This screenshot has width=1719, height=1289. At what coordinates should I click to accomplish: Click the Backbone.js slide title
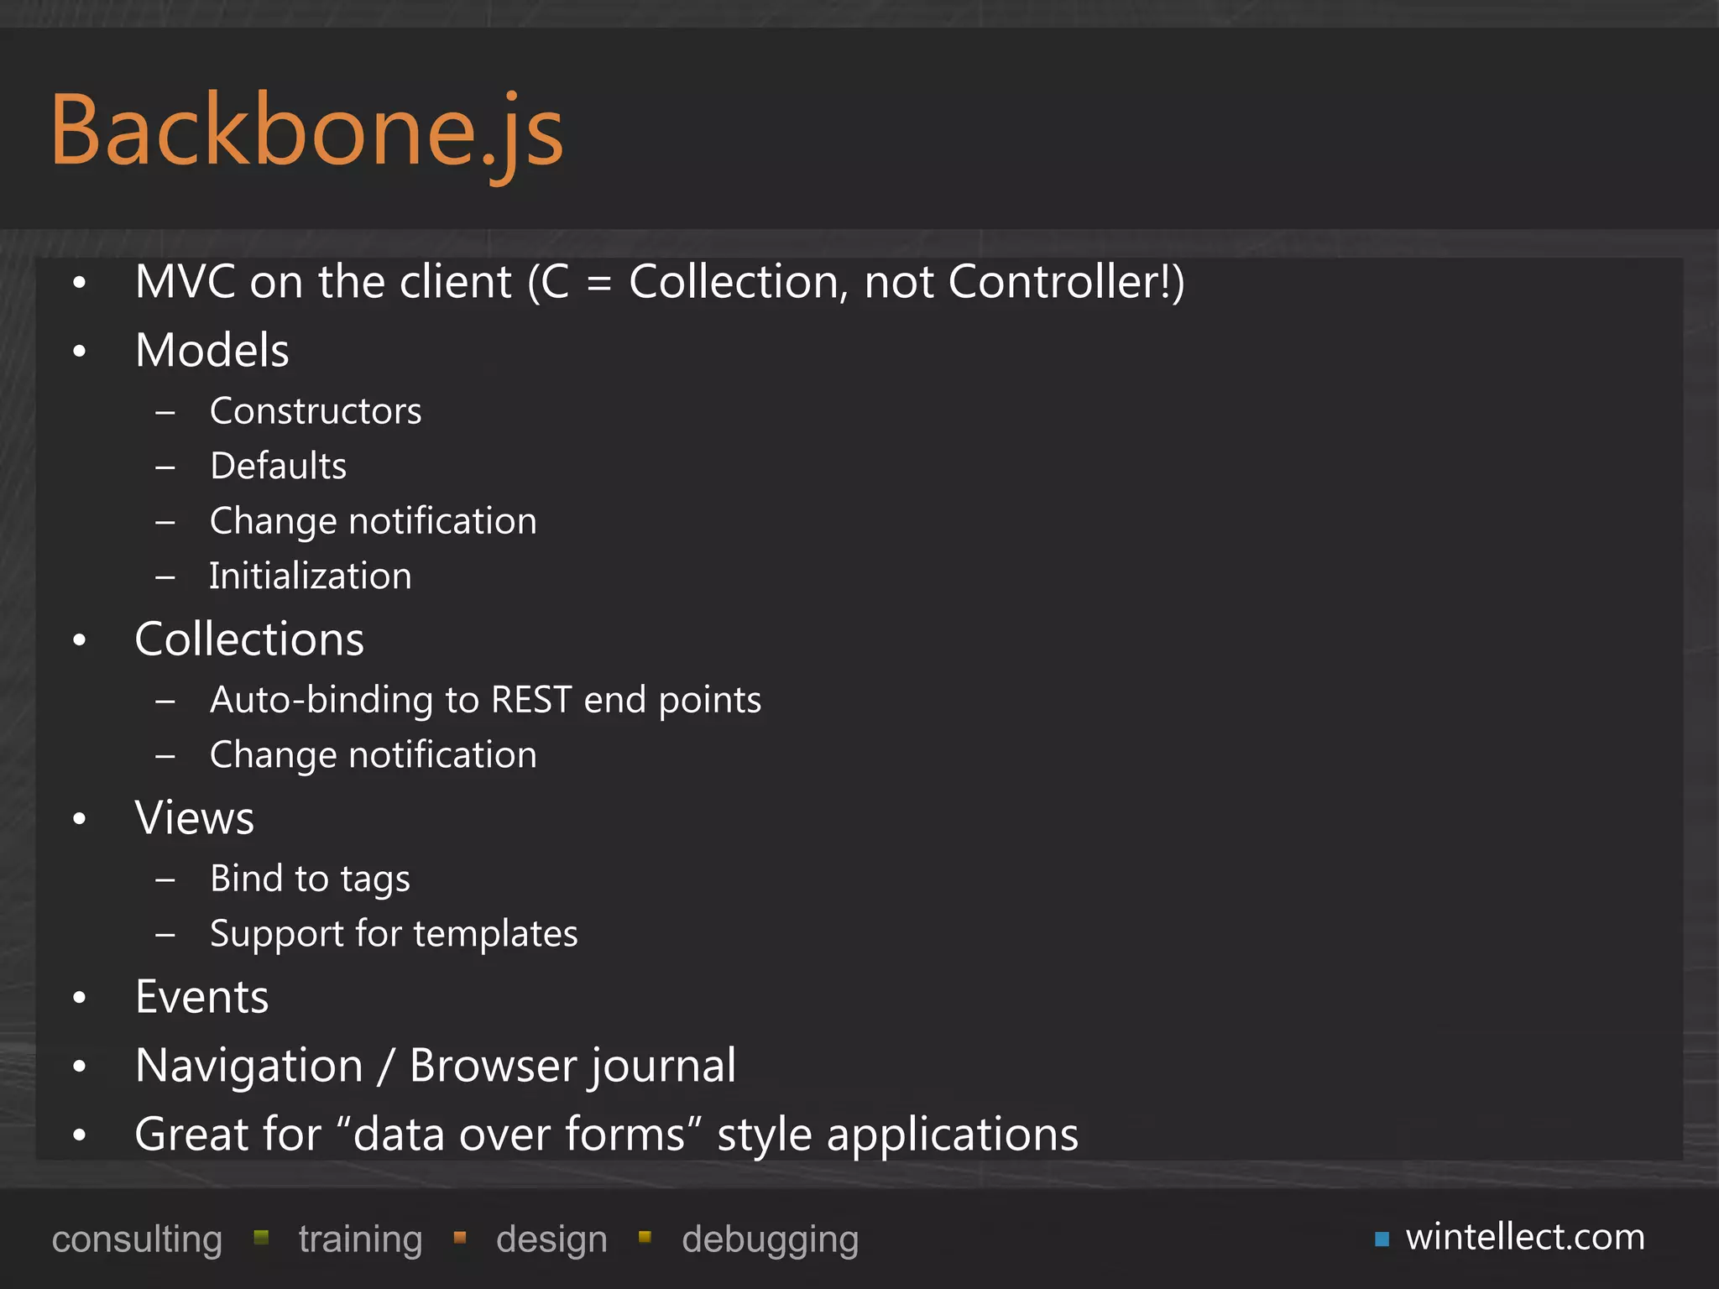tap(307, 131)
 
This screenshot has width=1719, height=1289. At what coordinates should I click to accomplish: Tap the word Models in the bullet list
tap(212, 350)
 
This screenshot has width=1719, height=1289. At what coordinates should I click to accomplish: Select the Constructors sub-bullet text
tap(316, 411)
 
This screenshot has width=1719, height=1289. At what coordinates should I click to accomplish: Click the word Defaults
tap(278, 466)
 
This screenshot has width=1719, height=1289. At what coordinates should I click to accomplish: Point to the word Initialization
tap(311, 577)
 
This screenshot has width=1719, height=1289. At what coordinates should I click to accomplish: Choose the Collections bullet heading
tap(249, 639)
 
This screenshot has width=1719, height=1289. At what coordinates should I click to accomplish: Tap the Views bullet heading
tap(195, 818)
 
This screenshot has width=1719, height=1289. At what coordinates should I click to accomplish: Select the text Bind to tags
tap(310, 879)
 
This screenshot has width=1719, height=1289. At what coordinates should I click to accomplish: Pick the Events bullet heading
tap(202, 998)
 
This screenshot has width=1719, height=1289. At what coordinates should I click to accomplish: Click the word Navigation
tap(249, 1066)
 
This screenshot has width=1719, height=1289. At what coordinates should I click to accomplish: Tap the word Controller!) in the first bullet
tap(1066, 282)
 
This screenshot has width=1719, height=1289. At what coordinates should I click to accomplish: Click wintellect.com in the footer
tap(1525, 1237)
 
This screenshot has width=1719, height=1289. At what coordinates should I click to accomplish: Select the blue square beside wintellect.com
tap(1382, 1239)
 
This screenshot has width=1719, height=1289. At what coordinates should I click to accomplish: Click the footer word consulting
tap(137, 1239)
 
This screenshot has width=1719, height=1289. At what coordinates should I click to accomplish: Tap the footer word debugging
tap(770, 1239)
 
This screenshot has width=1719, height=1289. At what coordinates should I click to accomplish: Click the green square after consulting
tap(261, 1237)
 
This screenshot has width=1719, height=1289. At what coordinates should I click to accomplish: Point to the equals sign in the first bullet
tap(598, 284)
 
